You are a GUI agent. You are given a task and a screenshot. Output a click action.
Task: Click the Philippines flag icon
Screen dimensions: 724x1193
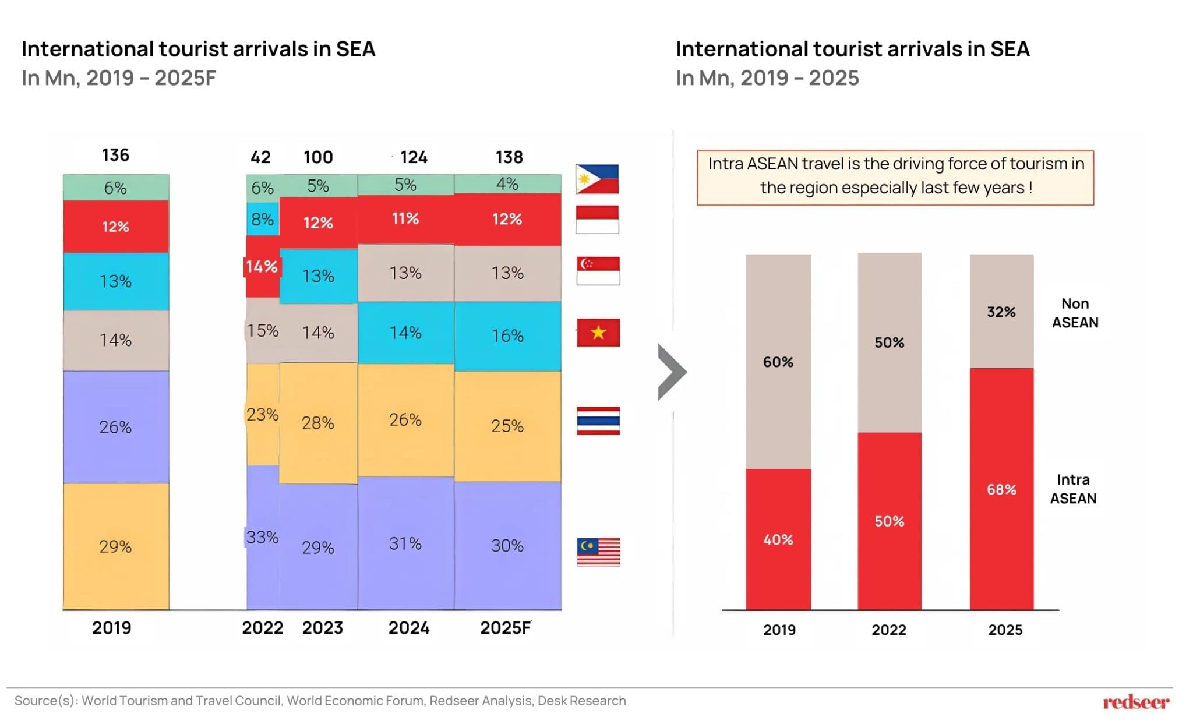pos(597,179)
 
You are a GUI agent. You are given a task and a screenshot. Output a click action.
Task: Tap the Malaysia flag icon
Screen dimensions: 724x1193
pos(598,552)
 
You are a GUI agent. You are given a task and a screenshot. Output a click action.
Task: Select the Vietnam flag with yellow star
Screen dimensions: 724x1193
pos(598,333)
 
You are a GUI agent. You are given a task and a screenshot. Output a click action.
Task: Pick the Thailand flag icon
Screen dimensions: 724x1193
pos(598,421)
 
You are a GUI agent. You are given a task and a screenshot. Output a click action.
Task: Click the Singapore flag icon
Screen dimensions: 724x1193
pos(598,271)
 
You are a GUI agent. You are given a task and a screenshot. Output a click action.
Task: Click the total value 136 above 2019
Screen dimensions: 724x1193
pos(115,155)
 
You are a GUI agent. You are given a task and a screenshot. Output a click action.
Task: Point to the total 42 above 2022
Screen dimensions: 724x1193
pos(260,157)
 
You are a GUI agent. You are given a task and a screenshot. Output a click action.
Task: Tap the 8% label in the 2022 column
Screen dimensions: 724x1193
pos(262,219)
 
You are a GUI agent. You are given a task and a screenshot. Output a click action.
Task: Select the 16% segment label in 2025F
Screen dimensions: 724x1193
pos(507,336)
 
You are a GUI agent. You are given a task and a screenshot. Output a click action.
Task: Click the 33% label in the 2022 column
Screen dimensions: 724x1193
pos(262,537)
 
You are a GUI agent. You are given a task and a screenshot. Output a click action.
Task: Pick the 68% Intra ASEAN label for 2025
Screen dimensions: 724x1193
pos(1001,490)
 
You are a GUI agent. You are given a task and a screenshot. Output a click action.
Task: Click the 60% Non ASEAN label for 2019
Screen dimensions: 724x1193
pos(778,362)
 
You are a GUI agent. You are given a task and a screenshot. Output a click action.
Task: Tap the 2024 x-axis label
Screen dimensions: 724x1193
pos(409,628)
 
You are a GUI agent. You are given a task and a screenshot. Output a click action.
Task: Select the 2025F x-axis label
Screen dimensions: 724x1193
pos(505,628)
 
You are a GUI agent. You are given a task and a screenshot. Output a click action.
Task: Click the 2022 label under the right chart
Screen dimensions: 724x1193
pos(889,630)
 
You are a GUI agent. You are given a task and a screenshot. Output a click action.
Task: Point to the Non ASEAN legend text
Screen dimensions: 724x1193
pos(1075,313)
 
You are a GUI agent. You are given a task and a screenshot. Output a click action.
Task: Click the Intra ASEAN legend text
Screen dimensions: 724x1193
pos(1073,489)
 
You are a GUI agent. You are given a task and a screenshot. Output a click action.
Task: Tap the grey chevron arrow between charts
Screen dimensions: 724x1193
pos(672,372)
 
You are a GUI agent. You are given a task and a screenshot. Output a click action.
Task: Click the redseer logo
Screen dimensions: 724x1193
pos(1135,702)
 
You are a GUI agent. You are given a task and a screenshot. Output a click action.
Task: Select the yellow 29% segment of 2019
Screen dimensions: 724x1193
pos(116,546)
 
